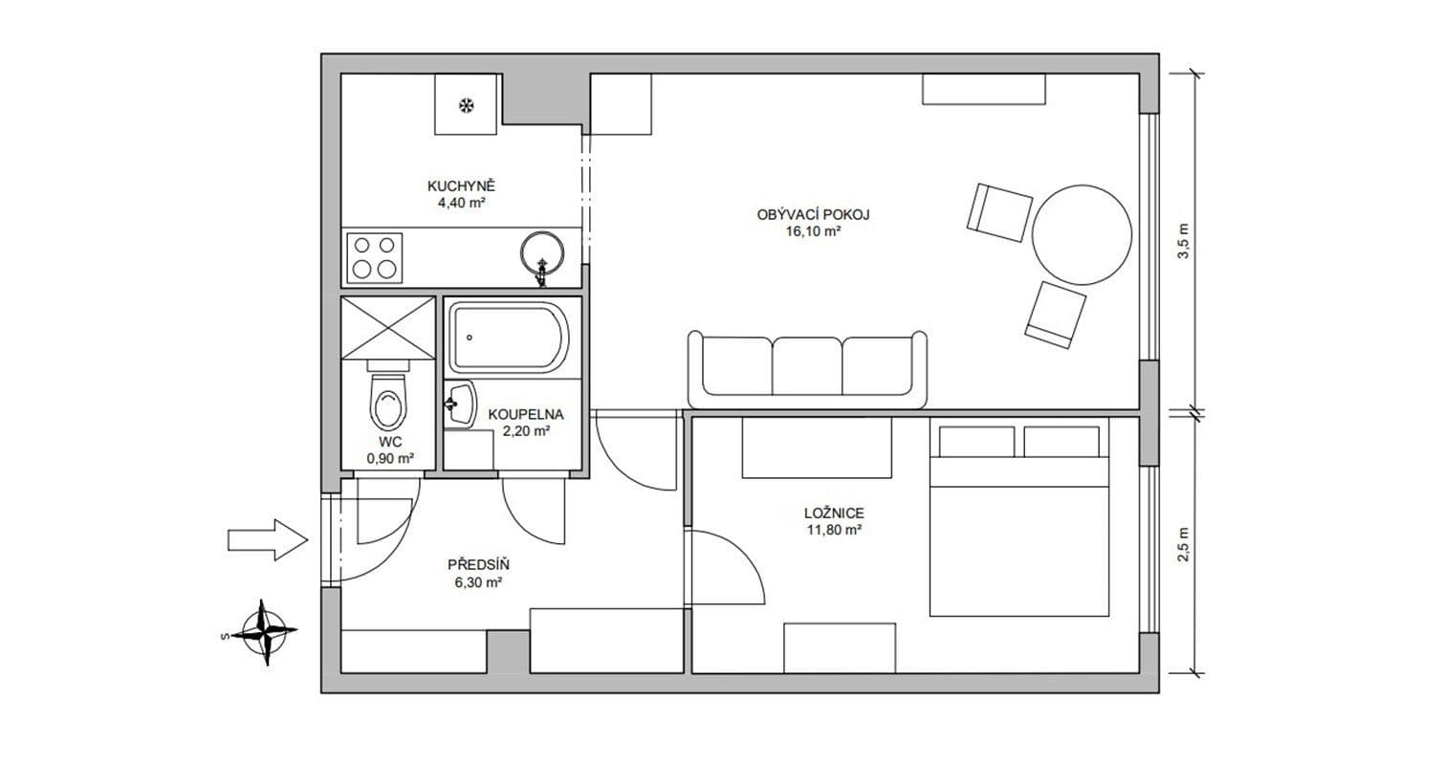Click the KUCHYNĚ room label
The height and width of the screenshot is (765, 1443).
click(460, 186)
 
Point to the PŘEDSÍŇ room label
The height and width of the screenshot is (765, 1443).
click(475, 564)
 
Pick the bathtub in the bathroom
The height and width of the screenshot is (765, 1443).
click(509, 338)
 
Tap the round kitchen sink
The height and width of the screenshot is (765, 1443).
click(542, 252)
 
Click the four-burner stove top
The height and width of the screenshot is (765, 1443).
click(375, 256)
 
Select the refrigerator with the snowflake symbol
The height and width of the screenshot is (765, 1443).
click(467, 104)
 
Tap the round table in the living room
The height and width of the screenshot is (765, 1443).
click(1082, 233)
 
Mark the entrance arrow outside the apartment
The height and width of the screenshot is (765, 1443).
click(267, 540)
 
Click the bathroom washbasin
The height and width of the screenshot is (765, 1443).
click(460, 404)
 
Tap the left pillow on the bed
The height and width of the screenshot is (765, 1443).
click(976, 442)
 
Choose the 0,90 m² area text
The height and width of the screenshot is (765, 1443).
click(390, 458)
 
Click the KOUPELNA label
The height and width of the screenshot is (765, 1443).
click(525, 415)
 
